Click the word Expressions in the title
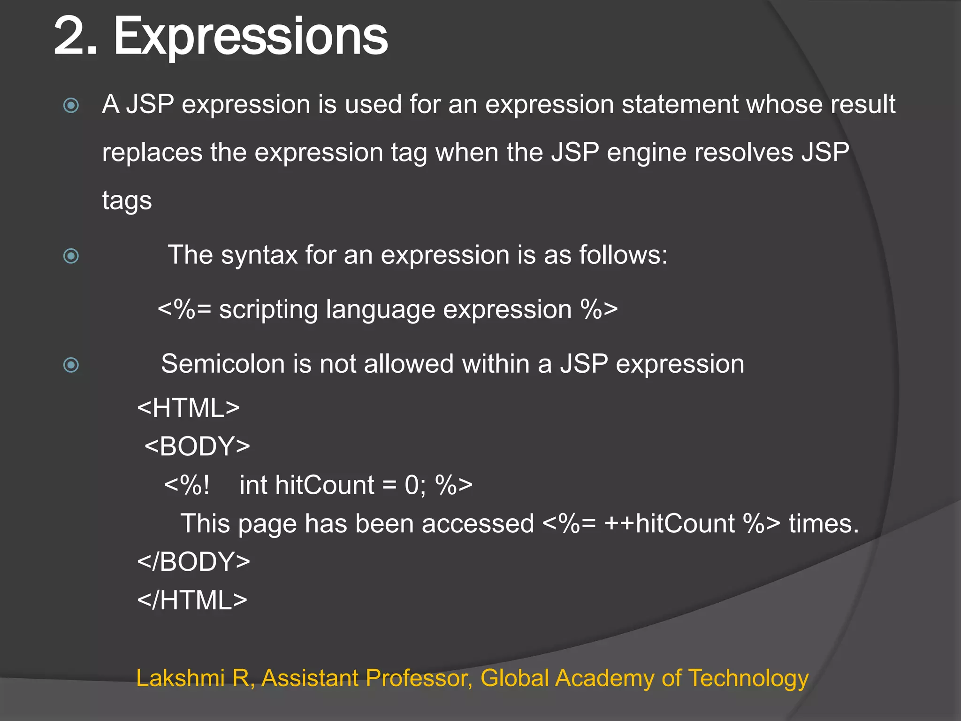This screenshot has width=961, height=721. coord(251,37)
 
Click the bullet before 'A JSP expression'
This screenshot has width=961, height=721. coord(71,105)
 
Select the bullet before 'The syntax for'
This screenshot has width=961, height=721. coord(71,256)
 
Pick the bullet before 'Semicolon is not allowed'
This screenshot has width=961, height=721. coord(71,365)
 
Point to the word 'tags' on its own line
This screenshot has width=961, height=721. coord(127,201)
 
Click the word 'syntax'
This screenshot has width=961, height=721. coord(259,255)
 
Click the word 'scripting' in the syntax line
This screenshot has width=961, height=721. coord(268,310)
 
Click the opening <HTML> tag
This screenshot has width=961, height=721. coord(188,408)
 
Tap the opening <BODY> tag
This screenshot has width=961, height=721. coord(197,446)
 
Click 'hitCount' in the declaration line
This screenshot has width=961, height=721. coord(324,485)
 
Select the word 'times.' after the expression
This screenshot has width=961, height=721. coord(824,523)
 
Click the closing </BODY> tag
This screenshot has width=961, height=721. coord(193,562)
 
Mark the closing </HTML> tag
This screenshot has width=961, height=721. coord(192,600)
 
